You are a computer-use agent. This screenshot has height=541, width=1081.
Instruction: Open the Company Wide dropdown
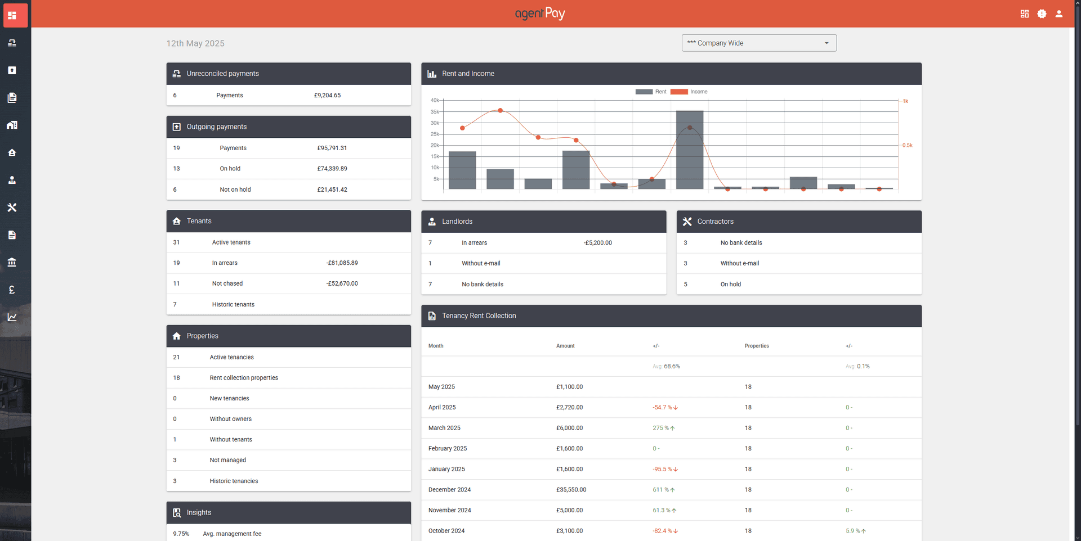point(758,43)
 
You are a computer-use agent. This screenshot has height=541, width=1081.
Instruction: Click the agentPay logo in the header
point(540,13)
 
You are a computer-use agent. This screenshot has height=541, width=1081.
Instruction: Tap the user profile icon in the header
point(1058,14)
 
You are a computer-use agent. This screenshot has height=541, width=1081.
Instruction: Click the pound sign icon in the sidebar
point(12,290)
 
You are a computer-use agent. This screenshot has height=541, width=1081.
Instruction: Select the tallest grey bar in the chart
point(689,150)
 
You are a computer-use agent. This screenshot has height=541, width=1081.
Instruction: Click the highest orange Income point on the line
point(500,110)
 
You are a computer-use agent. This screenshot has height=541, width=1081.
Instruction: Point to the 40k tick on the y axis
point(435,100)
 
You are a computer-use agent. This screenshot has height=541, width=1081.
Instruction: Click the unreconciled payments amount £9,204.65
point(327,95)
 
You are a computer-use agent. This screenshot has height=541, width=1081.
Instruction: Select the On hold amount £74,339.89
point(332,169)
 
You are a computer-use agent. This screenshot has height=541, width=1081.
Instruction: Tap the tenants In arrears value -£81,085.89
point(342,263)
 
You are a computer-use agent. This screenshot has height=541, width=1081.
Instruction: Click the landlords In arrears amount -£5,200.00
point(598,243)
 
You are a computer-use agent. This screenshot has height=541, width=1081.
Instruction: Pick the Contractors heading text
point(715,222)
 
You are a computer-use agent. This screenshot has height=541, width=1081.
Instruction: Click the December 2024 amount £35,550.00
point(571,490)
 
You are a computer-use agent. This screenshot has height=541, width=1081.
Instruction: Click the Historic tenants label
point(233,304)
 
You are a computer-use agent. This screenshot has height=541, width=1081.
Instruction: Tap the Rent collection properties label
point(244,378)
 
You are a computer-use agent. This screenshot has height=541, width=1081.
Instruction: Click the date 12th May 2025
point(195,43)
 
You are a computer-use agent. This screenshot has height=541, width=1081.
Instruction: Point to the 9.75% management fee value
point(181,534)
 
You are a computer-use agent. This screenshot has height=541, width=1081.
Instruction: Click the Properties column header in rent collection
point(757,346)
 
